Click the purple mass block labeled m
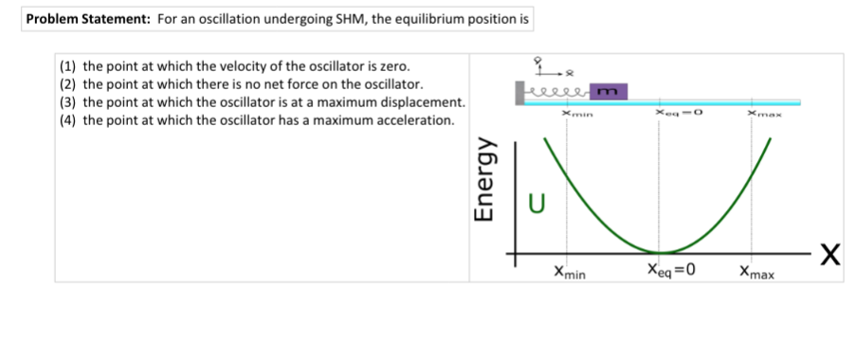click(x=609, y=92)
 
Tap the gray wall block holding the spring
click(x=519, y=93)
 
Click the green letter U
click(x=537, y=204)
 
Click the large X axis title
click(x=830, y=254)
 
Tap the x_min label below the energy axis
click(x=570, y=271)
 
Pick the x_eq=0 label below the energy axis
click(x=671, y=270)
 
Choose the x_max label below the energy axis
click(x=756, y=271)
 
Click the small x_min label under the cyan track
click(x=577, y=114)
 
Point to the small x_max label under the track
click(x=765, y=114)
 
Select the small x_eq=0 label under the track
click(x=679, y=113)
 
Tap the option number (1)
click(x=67, y=67)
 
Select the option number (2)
click(x=67, y=84)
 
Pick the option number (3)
click(x=67, y=102)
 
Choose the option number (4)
click(x=67, y=119)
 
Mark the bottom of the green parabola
click(x=659, y=252)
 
